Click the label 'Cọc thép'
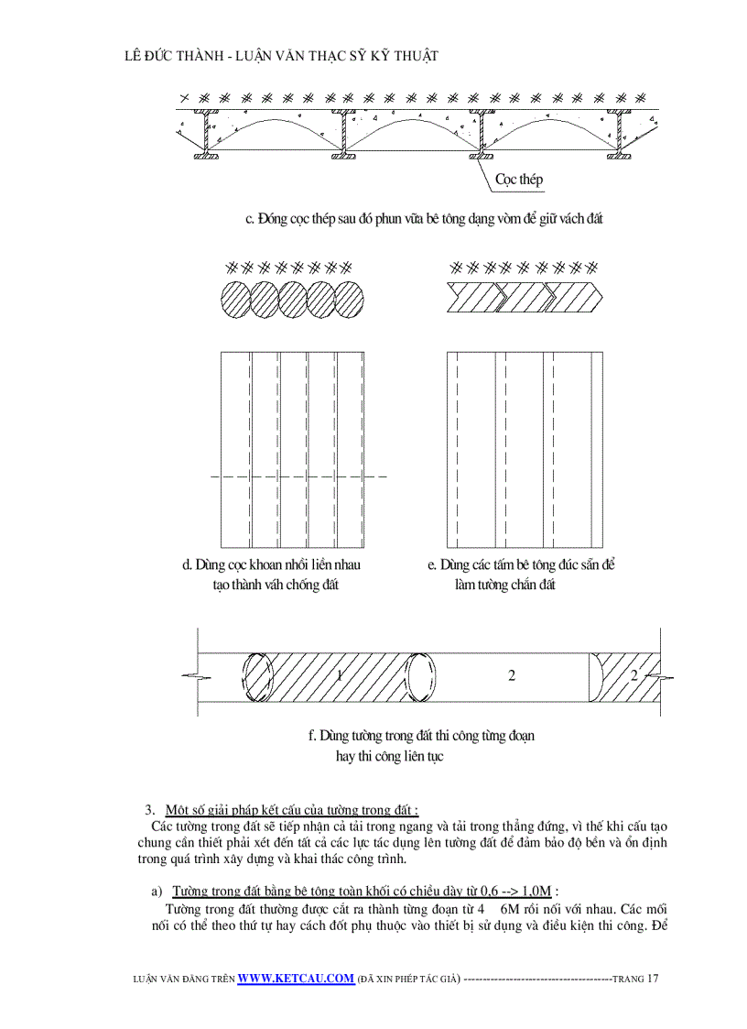518,180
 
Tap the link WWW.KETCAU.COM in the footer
296,978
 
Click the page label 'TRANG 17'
635,979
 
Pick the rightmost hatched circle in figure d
349,300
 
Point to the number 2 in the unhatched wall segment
511,675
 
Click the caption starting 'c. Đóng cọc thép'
423,219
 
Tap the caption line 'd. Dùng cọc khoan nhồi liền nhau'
276,564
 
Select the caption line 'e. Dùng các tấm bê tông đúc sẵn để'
520,564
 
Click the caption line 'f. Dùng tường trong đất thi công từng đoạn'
421,735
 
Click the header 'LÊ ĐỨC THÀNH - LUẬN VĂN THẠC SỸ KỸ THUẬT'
280,56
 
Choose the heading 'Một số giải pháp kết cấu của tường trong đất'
291,810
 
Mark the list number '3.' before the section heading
150,810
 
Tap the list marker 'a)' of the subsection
157,891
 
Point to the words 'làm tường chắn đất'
504,585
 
